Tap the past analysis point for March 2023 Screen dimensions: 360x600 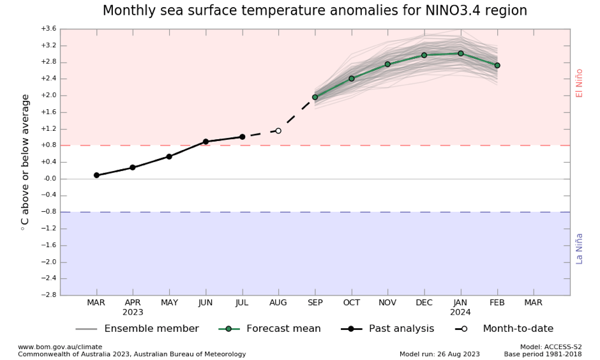(96, 175)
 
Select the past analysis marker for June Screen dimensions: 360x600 (206, 142)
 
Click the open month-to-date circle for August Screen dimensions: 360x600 (278, 131)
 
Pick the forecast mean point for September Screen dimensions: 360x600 (315, 97)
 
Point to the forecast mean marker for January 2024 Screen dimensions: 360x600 (460, 54)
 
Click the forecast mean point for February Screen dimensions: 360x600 (497, 65)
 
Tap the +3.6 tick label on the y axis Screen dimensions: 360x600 (49, 29)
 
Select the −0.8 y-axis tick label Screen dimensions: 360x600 (49, 212)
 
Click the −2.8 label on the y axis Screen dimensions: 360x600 (49, 295)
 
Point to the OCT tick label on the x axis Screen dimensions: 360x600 (351, 303)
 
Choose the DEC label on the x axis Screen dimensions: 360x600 (424, 303)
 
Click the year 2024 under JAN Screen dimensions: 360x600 (460, 313)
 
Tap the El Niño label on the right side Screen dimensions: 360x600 (580, 83)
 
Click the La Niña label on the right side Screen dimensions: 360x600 (580, 248)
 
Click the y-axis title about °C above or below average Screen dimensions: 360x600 (26, 162)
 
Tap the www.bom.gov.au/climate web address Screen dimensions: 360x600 (60, 347)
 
